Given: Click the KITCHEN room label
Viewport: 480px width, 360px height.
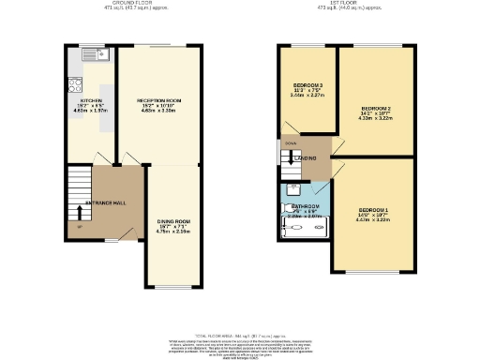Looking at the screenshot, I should pos(90,99).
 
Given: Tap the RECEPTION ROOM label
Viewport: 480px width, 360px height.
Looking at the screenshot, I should pos(157,99).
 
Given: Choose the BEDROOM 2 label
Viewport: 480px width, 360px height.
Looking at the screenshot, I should pos(375,109).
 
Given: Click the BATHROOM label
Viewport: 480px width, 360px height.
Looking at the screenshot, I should pos(306,206).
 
